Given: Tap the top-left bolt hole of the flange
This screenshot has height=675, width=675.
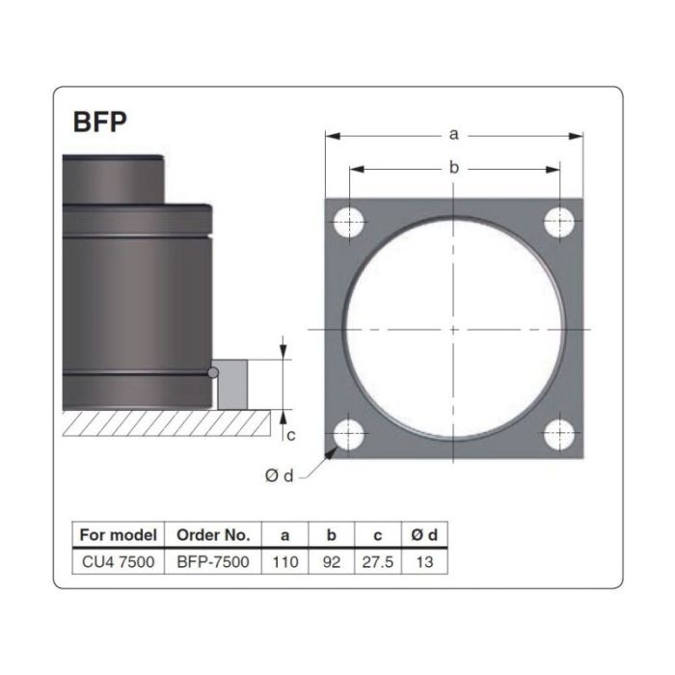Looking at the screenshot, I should point(348,222).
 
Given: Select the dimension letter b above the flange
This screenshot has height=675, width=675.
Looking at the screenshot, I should point(454,168).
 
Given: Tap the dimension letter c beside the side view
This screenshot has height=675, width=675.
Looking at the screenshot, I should point(290,436).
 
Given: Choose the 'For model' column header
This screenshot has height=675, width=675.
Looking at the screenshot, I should point(119,534).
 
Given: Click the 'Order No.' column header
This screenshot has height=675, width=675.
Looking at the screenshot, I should point(213,534).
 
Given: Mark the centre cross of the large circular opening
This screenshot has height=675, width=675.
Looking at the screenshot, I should point(454,329).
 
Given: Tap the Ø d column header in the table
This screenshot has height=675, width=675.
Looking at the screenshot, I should point(424,534).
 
